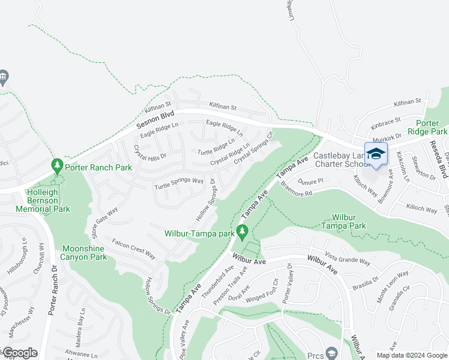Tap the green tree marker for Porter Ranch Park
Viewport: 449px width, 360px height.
pyautogui.click(x=57, y=165)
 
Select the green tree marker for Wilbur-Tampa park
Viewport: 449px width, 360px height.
pyautogui.click(x=242, y=230)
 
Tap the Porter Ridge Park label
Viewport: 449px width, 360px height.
pyautogui.click(x=427, y=127)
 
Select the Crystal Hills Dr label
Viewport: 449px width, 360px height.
pyautogui.click(x=149, y=156)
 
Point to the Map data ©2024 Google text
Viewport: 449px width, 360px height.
pyautogui.click(x=412, y=355)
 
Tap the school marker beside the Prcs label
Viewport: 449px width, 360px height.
pyautogui.click(x=331, y=352)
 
